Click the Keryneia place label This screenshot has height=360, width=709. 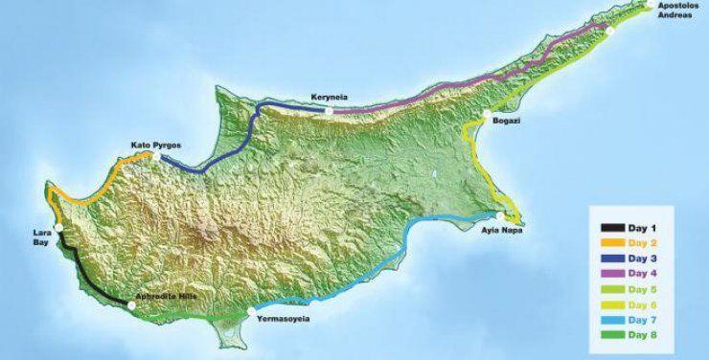point(331,97)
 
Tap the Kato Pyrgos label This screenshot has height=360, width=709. point(154,146)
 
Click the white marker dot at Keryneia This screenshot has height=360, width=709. point(328,110)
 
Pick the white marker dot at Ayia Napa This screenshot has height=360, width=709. point(499,216)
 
